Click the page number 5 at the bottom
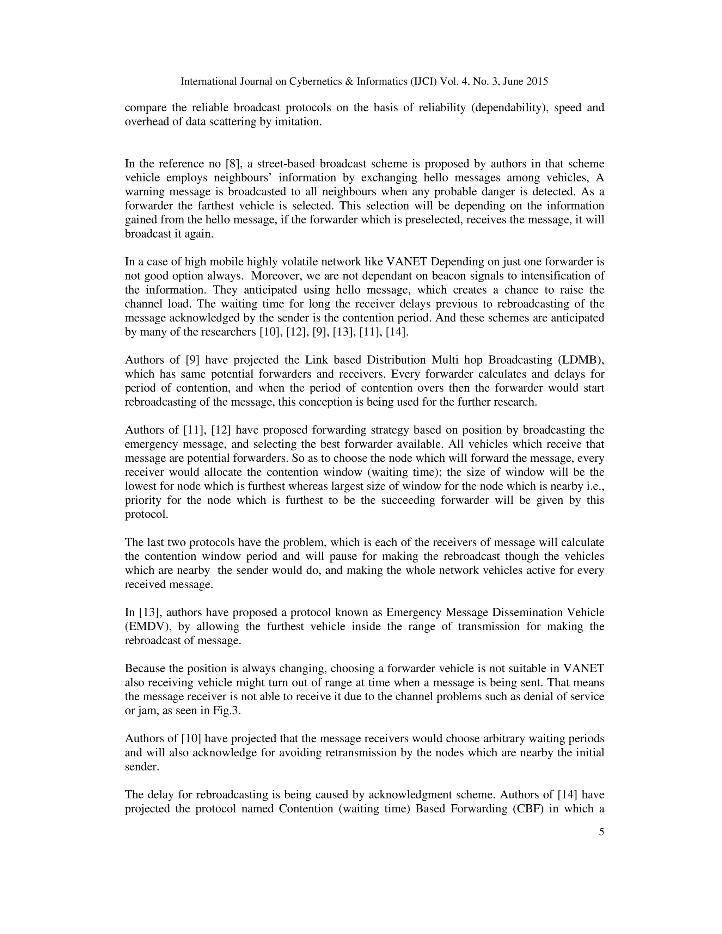click(x=601, y=832)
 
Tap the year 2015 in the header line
click(x=537, y=81)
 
